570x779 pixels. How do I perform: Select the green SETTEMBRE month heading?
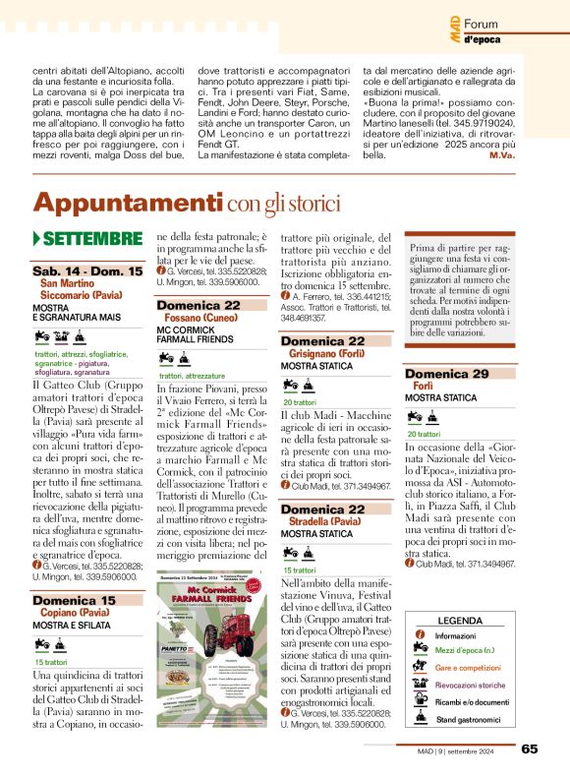pos(92,239)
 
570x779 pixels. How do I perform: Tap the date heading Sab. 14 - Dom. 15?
pos(86,270)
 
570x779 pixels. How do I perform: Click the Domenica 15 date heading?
pos(74,600)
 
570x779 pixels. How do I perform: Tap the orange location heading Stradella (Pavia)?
pos(326,522)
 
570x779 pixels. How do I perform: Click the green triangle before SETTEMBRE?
pos(36,239)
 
